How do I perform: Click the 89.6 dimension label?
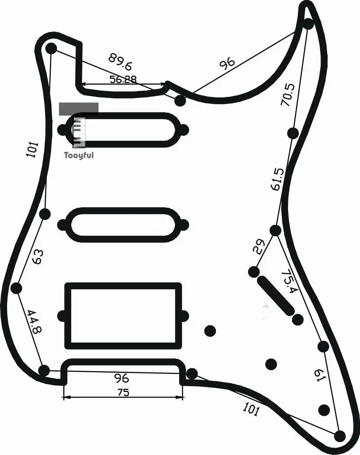120,62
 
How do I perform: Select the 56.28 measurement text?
123,79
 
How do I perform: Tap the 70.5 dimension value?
288,94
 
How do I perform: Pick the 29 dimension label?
259,247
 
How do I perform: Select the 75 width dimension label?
123,393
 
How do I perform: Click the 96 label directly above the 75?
121,378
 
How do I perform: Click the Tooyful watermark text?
79,156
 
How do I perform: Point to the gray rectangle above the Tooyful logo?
79,109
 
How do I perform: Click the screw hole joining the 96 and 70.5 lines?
308,24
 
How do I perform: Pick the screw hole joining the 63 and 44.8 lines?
16,288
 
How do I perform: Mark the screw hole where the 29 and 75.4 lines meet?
275,230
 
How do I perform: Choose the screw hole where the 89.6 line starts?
51,48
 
